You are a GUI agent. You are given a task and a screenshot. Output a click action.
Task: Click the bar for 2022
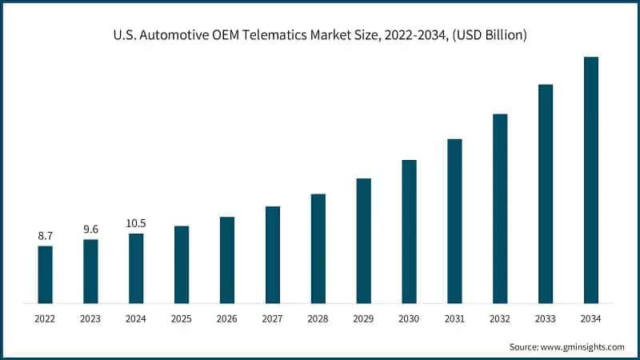pyautogui.click(x=45, y=274)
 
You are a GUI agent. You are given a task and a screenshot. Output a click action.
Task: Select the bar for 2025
pyautogui.click(x=182, y=265)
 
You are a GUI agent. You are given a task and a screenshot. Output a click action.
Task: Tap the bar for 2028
pyautogui.click(x=318, y=249)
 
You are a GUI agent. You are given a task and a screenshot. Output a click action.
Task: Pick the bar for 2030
pyautogui.click(x=409, y=231)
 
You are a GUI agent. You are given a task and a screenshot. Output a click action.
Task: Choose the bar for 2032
pyautogui.click(x=500, y=209)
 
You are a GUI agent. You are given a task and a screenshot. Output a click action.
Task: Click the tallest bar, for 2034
pyautogui.click(x=591, y=180)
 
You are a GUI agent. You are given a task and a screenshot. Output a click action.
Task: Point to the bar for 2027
pyautogui.click(x=273, y=255)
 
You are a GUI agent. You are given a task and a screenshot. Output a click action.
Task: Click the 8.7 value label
pyautogui.click(x=45, y=236)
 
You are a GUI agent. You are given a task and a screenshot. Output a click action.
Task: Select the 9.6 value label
pyautogui.click(x=90, y=229)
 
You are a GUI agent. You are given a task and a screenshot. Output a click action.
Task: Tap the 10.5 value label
pyautogui.click(x=136, y=223)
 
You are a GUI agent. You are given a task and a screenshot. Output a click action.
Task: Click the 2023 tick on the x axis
pyautogui.click(x=90, y=319)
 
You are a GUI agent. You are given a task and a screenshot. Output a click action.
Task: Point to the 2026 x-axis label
pyautogui.click(x=227, y=319)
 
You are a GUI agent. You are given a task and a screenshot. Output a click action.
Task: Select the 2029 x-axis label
pyautogui.click(x=363, y=319)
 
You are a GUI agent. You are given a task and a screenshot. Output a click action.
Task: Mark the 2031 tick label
pyautogui.click(x=454, y=319)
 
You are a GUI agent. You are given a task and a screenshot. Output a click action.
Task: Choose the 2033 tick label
pyautogui.click(x=546, y=319)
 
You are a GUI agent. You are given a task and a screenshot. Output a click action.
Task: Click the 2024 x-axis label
pyautogui.click(x=136, y=319)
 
